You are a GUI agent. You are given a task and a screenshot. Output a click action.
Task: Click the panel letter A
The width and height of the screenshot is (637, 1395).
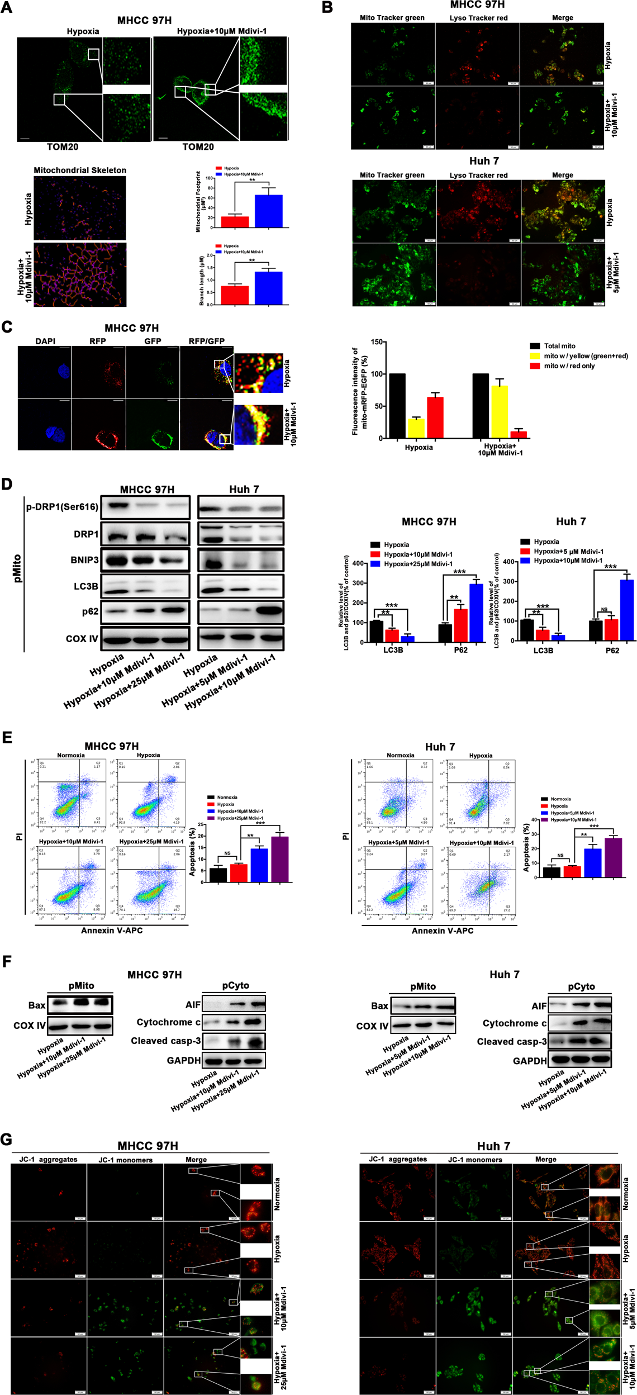(7, 8)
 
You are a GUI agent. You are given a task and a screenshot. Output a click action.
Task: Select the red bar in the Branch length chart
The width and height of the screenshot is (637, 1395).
(235, 295)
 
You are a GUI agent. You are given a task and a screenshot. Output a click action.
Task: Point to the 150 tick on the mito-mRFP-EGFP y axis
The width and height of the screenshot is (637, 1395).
(378, 342)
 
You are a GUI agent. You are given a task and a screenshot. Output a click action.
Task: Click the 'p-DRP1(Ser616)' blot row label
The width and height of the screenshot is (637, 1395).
(62, 507)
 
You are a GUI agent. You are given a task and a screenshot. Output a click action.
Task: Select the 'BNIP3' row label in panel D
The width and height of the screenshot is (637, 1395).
(84, 559)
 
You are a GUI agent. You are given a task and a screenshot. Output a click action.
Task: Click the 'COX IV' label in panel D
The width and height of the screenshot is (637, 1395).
(82, 638)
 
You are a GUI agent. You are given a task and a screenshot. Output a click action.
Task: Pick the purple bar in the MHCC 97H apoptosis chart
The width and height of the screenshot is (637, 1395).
(279, 859)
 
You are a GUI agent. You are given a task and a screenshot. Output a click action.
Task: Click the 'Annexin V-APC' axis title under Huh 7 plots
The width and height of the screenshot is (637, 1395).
(442, 931)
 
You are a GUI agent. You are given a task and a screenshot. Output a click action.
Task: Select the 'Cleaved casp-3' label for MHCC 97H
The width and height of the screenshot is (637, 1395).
(165, 1041)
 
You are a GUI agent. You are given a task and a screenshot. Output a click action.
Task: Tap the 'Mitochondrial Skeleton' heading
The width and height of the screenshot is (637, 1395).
(80, 170)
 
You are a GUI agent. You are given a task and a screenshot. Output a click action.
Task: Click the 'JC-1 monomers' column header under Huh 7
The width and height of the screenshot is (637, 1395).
(475, 1160)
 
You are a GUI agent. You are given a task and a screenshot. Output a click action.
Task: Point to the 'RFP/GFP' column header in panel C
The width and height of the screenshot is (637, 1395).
(206, 341)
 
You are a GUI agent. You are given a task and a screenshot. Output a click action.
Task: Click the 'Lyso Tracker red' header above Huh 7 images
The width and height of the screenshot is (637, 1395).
(478, 175)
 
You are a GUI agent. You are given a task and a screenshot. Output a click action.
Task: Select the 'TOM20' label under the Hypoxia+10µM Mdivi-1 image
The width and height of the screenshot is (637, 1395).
(198, 147)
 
